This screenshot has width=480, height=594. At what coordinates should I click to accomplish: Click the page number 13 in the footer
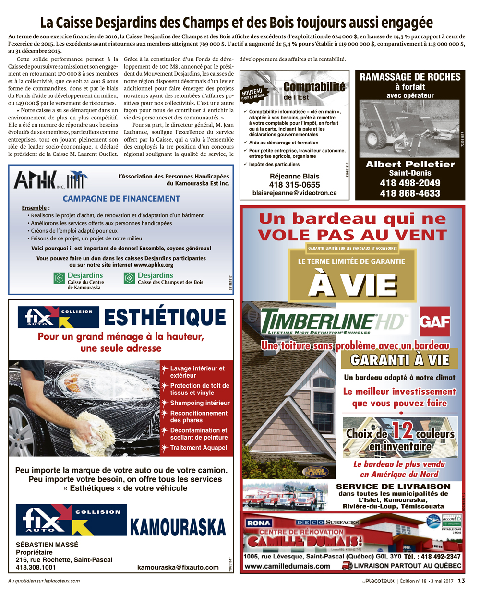pyautogui.click(x=461, y=581)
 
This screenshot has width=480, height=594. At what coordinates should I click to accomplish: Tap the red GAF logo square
pyautogui.click(x=434, y=321)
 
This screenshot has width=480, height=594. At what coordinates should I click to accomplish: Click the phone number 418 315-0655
pyautogui.click(x=294, y=185)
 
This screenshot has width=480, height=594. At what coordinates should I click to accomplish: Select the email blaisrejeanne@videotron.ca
pyautogui.click(x=294, y=193)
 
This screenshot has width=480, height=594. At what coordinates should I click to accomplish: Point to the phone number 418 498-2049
pyautogui.click(x=410, y=183)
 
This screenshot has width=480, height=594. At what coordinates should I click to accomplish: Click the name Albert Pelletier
pyautogui.click(x=410, y=164)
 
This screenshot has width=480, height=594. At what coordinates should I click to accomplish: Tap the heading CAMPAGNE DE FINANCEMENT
pyautogui.click(x=121, y=198)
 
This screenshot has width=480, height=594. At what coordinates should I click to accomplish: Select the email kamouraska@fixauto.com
pyautogui.click(x=178, y=567)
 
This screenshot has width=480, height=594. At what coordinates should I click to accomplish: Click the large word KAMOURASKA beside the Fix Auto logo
pyautogui.click(x=178, y=526)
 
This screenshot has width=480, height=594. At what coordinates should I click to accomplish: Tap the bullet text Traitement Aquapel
pyautogui.click(x=198, y=448)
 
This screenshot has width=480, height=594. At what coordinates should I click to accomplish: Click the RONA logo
pyautogui.click(x=259, y=523)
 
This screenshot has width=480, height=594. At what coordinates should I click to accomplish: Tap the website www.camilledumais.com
pyautogui.click(x=287, y=566)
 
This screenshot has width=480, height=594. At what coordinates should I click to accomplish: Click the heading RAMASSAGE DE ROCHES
pyautogui.click(x=410, y=77)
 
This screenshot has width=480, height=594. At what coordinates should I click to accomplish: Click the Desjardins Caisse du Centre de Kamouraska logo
pyautogui.click(x=79, y=281)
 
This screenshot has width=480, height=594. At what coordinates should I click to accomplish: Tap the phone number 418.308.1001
pyautogui.click(x=36, y=567)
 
